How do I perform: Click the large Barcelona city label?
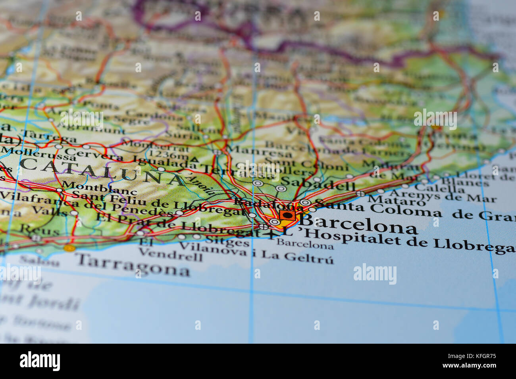(x=359, y=224)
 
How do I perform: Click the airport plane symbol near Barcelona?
(x=271, y=235)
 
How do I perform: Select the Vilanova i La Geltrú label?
(x=256, y=254)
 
